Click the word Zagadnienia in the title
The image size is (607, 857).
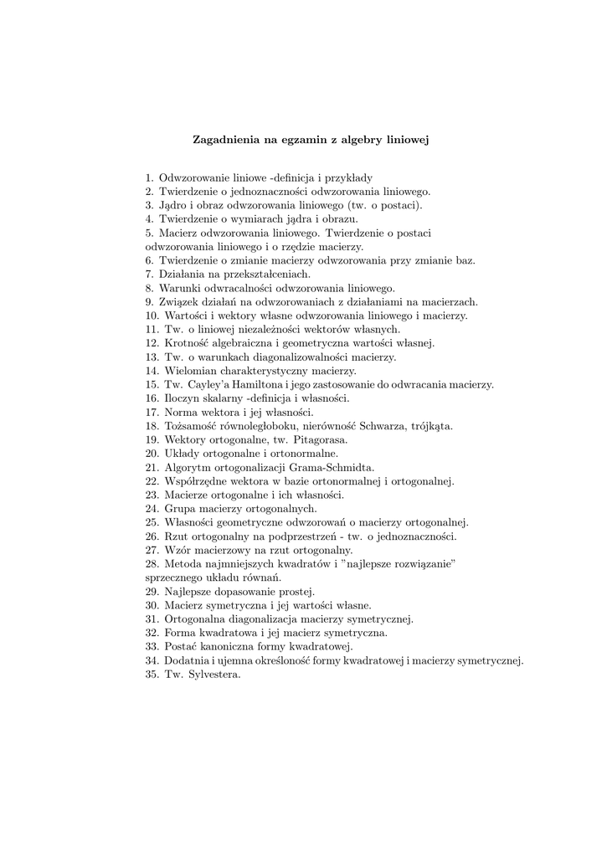[x=222, y=141]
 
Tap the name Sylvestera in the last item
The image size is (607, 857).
[x=213, y=674]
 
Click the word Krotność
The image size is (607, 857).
[x=185, y=343]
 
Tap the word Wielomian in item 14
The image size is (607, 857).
[x=190, y=371]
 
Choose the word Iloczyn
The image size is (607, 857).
[x=183, y=398]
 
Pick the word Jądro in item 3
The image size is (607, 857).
[x=173, y=205]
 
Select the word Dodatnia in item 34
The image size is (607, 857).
[x=187, y=660]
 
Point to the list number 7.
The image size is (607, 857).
[x=148, y=275]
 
